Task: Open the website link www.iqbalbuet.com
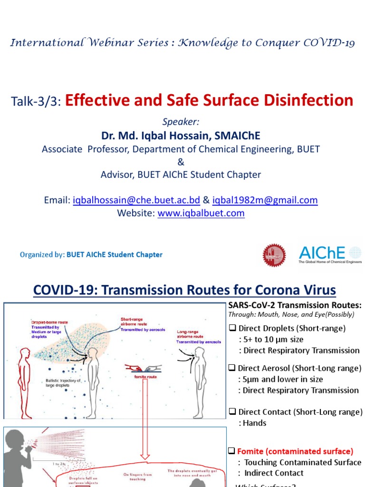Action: [201, 213]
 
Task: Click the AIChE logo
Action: [329, 254]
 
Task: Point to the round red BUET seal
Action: [275, 255]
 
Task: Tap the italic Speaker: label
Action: [181, 122]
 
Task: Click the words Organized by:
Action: [42, 254]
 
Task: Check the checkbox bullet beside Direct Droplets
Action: [232, 328]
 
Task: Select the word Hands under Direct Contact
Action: [255, 423]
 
